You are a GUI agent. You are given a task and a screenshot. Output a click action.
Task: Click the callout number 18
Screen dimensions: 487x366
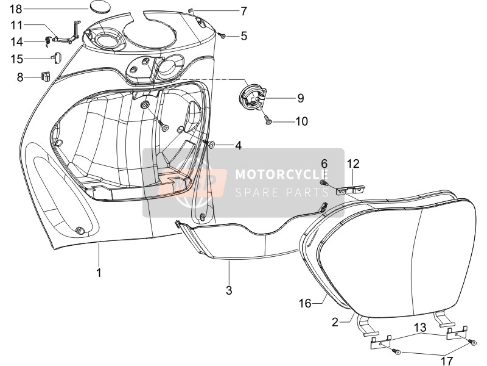tap(16, 9)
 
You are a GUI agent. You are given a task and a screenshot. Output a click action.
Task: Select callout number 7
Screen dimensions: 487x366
tap(243, 11)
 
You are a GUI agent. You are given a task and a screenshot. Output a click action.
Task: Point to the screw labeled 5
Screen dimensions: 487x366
tap(222, 36)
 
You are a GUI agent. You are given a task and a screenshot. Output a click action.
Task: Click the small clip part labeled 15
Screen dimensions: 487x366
tap(56, 57)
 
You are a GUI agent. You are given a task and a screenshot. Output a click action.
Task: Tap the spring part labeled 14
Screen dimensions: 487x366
tap(48, 41)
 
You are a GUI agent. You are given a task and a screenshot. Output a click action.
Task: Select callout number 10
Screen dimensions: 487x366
tap(301, 121)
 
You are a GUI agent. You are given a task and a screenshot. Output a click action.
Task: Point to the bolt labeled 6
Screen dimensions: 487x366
tap(324, 182)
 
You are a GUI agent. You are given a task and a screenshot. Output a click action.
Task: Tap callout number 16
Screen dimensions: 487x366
tap(305, 303)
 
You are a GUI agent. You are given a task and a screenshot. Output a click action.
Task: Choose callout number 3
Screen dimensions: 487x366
tap(229, 290)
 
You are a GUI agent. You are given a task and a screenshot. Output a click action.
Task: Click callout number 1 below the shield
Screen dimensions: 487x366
tap(99, 273)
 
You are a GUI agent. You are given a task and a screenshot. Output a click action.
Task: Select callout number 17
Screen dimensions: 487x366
tap(446, 361)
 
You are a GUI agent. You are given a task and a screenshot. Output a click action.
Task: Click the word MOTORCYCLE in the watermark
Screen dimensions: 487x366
tap(281, 174)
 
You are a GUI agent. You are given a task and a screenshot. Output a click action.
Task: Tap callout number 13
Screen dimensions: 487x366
tap(420, 328)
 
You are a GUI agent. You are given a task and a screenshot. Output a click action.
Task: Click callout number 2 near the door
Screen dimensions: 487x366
tap(335, 322)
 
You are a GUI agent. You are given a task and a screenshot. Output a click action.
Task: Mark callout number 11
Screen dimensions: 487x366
tap(16, 25)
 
